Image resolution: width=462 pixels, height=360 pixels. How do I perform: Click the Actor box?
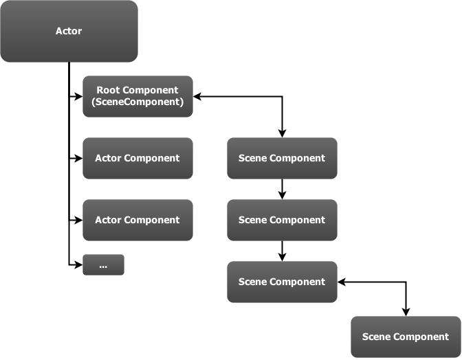coord(69,32)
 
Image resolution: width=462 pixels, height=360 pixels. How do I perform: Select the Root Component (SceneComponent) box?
coord(137,96)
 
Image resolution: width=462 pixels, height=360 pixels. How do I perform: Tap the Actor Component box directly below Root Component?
coord(137,158)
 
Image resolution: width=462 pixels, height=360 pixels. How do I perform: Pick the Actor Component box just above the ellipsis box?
coord(137,220)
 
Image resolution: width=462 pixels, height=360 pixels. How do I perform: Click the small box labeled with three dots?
coord(103,265)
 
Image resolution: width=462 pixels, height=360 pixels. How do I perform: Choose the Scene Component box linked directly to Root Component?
coord(282,158)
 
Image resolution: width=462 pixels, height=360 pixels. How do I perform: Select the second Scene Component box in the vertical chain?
coord(282,220)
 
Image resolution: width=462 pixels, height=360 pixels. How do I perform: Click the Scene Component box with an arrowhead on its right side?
coord(282,282)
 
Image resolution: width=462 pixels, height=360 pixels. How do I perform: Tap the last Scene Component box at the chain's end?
coord(406,337)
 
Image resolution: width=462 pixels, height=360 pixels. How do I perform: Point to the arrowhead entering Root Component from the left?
coord(78,96)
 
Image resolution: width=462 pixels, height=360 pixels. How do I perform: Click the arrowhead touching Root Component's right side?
coord(197,96)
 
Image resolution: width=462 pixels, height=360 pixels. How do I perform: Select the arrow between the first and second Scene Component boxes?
coord(282,189)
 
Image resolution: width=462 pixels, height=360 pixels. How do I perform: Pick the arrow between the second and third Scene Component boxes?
coord(282,251)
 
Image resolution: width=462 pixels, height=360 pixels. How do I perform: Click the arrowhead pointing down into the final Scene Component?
coord(406,312)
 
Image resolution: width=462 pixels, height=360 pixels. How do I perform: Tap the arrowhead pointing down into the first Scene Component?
coord(282,133)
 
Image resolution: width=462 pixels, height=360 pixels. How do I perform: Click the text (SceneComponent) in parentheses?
coord(137,102)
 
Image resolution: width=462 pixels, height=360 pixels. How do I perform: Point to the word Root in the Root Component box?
coord(109,90)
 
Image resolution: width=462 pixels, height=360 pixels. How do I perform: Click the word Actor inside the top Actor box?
coord(69,31)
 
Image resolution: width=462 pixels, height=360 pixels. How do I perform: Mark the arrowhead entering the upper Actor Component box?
coord(78,158)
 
